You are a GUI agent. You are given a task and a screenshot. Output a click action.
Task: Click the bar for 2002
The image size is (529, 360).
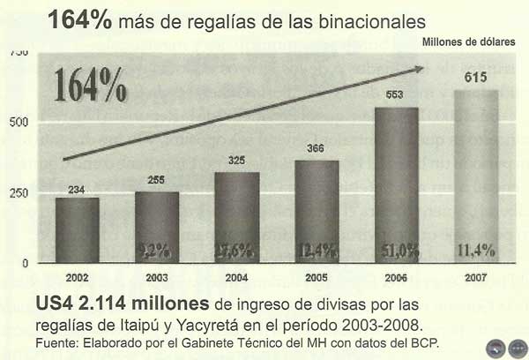click(x=78, y=229)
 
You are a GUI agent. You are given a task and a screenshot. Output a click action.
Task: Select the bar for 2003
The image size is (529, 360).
click(x=157, y=227)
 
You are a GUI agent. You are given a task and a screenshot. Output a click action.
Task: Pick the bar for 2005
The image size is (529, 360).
click(x=317, y=210)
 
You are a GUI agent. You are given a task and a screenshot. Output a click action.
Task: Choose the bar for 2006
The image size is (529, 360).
click(x=396, y=184)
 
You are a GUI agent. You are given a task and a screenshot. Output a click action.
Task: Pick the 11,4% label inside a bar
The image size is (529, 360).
click(x=476, y=251)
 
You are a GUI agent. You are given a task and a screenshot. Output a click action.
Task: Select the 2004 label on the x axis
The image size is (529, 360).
click(x=236, y=276)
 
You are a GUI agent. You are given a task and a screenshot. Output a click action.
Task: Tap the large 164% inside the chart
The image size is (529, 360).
click(x=91, y=86)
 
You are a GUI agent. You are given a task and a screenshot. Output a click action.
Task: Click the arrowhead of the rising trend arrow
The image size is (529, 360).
click(x=419, y=70)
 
